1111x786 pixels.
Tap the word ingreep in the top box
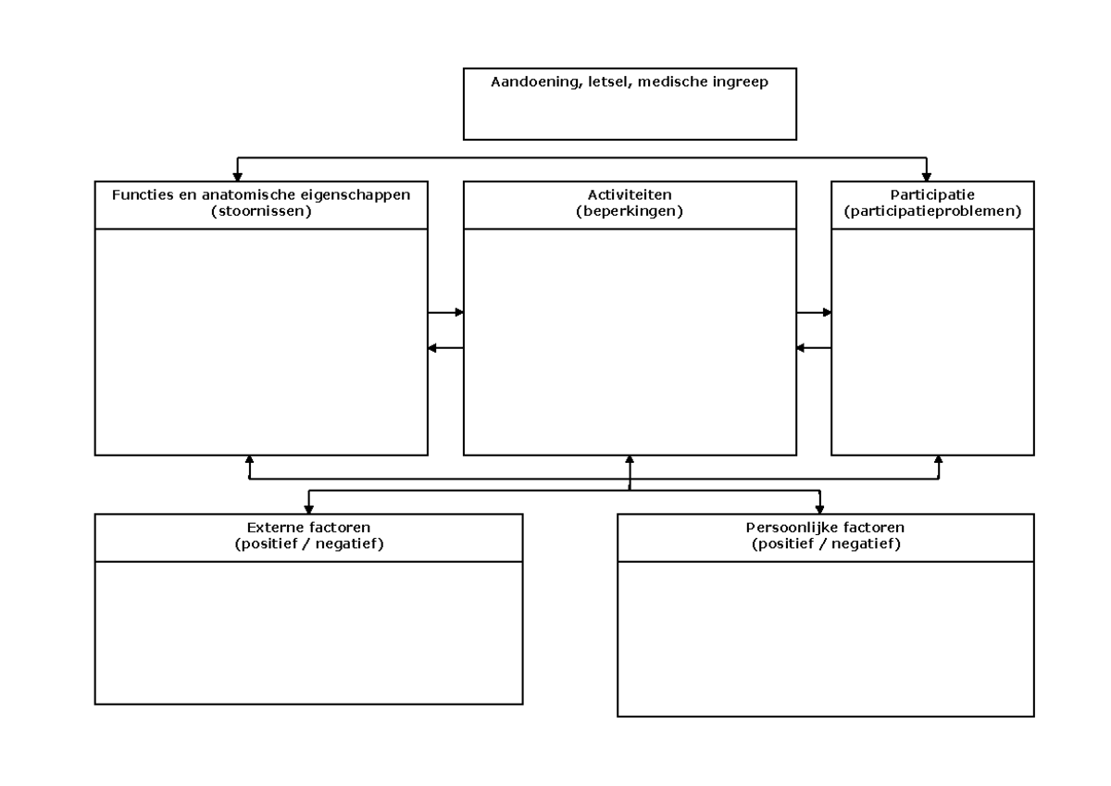741,81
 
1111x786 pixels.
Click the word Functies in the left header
142,194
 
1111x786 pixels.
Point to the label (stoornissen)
261,210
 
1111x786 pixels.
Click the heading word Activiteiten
630,194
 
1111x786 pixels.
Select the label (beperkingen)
630,210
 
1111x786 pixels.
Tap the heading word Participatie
932,194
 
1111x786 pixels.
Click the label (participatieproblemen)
932,210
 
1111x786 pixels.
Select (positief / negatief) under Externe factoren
309,543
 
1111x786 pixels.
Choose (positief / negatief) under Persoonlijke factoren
825,543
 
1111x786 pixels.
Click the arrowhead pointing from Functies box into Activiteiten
458,313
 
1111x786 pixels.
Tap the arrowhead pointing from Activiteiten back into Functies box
432,347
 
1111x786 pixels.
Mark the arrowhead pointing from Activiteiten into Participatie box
827,313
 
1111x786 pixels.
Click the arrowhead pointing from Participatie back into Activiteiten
801,347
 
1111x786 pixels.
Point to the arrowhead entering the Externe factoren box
309,508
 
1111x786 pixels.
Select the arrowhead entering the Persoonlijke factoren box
819,508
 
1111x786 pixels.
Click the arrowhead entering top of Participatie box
928,176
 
